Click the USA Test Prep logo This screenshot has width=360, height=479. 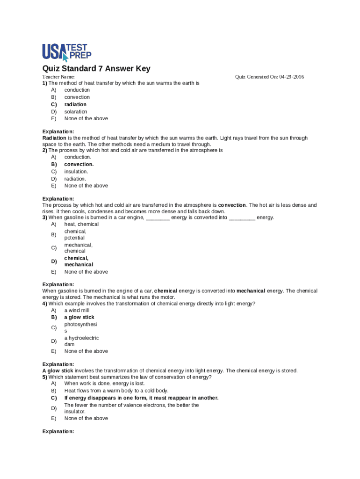point(67,52)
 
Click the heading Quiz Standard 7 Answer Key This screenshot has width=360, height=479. point(96,69)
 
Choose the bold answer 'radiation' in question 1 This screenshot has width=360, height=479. point(75,104)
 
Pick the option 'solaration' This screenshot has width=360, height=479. point(76,112)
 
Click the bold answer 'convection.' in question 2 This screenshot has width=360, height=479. point(79,164)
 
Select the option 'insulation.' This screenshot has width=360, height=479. point(76,172)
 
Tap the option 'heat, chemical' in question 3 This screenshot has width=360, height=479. point(81,224)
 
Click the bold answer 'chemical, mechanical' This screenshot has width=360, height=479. point(79,261)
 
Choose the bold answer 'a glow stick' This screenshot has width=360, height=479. point(79,317)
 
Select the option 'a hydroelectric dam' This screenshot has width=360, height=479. point(81,341)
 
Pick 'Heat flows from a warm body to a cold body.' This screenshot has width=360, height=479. point(116,391)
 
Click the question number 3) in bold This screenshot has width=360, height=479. point(45,218)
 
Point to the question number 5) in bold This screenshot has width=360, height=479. point(45,377)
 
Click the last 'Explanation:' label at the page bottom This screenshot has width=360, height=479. point(58,432)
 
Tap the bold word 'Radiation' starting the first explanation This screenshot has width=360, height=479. point(54,138)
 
